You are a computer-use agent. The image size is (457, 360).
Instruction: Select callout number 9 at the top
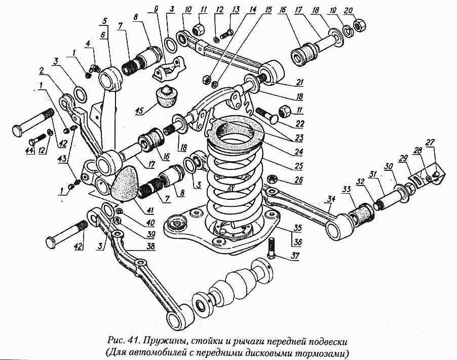click(156, 9)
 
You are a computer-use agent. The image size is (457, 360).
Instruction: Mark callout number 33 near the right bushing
click(346, 189)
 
